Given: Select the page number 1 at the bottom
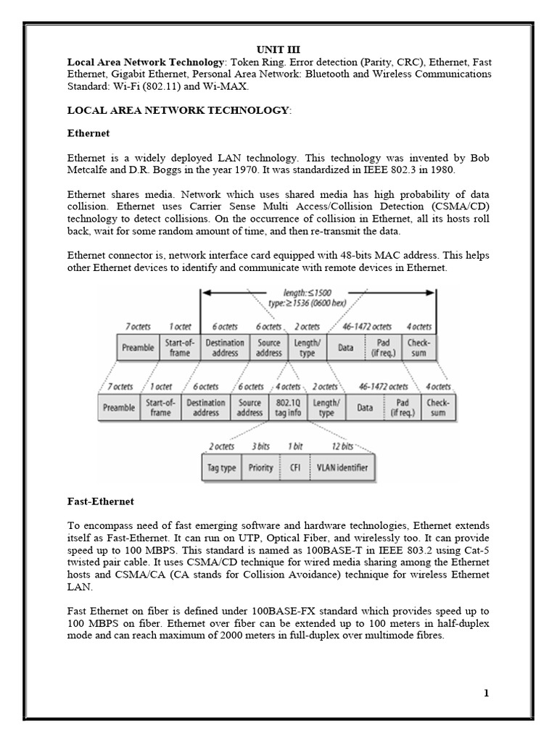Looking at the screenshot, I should click(487, 693).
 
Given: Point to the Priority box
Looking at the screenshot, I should click(260, 468).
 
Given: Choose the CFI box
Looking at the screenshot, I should click(294, 468).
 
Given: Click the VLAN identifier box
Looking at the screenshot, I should click(341, 468).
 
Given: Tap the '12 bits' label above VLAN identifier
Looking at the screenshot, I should click(342, 446).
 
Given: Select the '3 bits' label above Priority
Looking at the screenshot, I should click(260, 446).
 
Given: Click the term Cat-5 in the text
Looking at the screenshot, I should click(475, 549).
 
